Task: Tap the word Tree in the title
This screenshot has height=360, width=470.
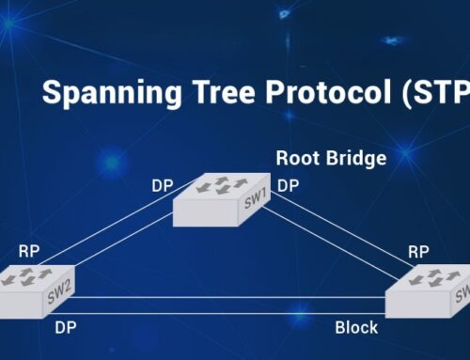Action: tap(222, 94)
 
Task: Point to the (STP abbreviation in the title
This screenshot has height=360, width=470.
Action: tap(436, 94)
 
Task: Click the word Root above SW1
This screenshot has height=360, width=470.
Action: tap(294, 159)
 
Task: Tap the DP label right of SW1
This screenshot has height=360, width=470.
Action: tap(289, 184)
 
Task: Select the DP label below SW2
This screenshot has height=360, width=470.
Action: tap(65, 328)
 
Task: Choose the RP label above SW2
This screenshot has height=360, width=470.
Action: tap(28, 252)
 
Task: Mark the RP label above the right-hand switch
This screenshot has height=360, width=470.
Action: tap(418, 252)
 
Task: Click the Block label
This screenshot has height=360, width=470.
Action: tap(357, 328)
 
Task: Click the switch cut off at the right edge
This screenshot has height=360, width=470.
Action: tap(429, 292)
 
